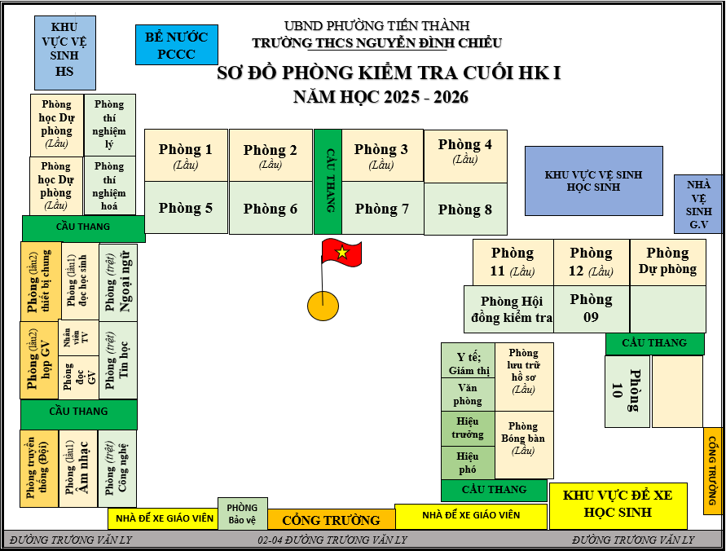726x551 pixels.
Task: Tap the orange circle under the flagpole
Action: point(323,306)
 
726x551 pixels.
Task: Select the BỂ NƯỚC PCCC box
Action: point(171,45)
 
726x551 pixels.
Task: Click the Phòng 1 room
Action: point(186,155)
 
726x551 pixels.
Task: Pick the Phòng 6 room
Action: point(271,208)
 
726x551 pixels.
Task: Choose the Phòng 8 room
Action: point(465,209)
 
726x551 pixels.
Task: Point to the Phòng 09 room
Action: point(591,308)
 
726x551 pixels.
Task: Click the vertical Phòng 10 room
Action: point(627,391)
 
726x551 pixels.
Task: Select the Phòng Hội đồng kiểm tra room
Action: point(509,309)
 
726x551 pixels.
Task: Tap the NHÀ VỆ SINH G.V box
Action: point(698,204)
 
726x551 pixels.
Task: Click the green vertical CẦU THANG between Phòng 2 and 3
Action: point(328,181)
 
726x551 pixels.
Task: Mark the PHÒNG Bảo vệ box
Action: point(242,514)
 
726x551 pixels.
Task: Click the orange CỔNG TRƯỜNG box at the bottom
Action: point(331,519)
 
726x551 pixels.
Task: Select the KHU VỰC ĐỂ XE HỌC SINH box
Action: point(618,505)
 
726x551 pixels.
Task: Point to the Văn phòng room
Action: point(468,395)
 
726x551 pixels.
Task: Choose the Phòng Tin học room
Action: point(117,360)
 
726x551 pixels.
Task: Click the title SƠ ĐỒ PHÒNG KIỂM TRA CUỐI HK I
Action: point(389,73)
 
